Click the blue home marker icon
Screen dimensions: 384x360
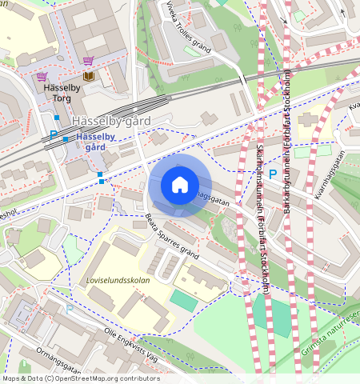click(180, 186)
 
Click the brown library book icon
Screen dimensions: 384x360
click(88, 76)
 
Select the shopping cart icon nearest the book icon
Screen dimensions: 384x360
click(88, 61)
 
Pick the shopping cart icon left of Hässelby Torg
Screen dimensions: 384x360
click(41, 77)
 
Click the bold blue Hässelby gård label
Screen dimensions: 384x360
click(95, 142)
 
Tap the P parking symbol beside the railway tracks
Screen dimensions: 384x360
click(54, 136)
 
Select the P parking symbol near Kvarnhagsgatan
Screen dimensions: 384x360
click(273, 174)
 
